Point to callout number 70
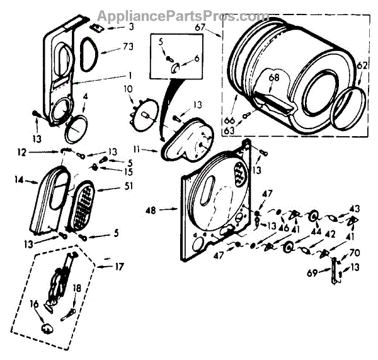354,252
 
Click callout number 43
354,209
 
